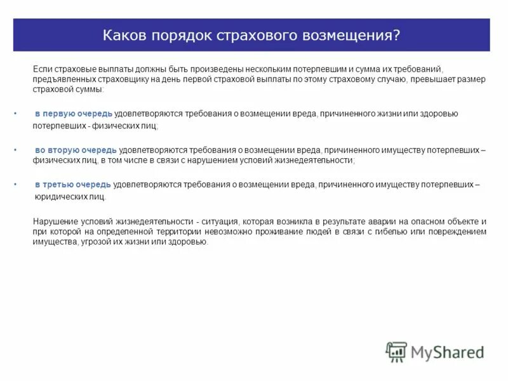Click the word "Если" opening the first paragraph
coord(41,68)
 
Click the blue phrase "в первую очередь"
coord(74,113)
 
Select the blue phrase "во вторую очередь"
coord(76,150)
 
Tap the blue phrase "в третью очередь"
coord(73,185)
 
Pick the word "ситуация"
coord(218,221)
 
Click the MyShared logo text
coord(447,352)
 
